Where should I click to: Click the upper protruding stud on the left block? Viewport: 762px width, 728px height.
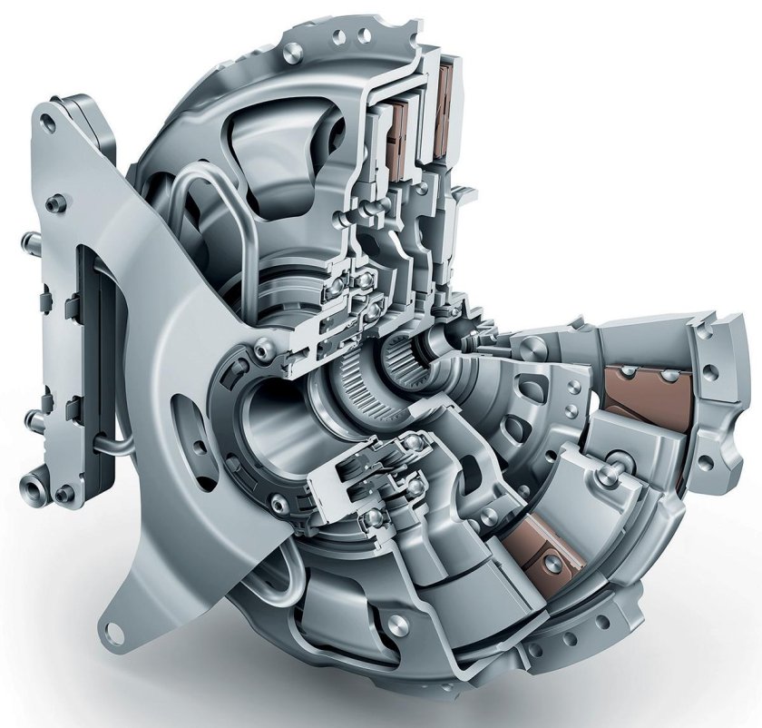[x=28, y=240]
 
